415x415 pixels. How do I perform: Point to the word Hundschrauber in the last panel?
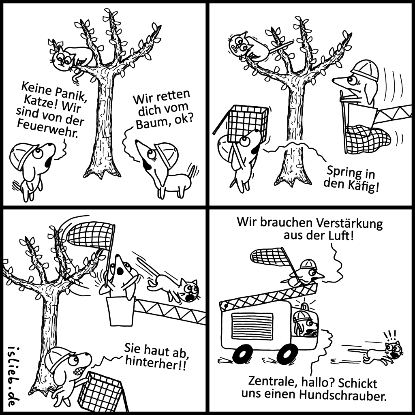pos(342,395)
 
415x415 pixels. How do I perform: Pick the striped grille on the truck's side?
pos(252,325)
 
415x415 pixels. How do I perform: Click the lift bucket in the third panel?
pos(121,311)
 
